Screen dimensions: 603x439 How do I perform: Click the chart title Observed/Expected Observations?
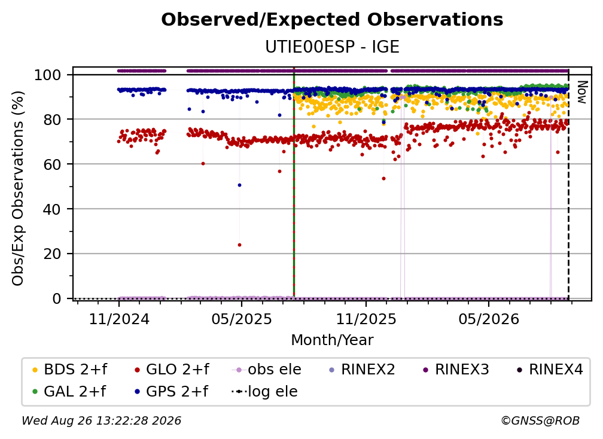coord(332,20)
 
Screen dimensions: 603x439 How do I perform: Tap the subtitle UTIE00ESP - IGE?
coord(332,47)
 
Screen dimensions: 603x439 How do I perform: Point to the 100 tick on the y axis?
coord(48,75)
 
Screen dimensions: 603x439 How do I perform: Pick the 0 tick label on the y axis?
coord(57,298)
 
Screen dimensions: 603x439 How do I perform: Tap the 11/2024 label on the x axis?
coord(119,319)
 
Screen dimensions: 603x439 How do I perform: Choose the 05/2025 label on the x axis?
coord(242,319)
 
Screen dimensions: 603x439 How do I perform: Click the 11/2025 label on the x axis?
coord(366,319)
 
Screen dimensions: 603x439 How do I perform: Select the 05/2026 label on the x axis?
coord(489,319)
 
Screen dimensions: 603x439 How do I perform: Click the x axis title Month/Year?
coord(332,340)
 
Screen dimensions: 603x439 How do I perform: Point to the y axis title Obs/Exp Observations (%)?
coord(18,188)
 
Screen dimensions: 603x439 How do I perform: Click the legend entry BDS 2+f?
coord(69,370)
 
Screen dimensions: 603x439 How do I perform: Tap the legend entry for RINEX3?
coord(456,370)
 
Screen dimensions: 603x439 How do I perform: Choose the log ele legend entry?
coord(264,392)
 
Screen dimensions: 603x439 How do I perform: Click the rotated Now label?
coord(582,92)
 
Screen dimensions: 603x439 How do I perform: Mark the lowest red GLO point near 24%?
coord(239,245)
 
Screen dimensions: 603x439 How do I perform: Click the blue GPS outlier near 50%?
coord(239,185)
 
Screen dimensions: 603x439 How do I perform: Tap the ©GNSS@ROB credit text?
coord(540,421)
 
